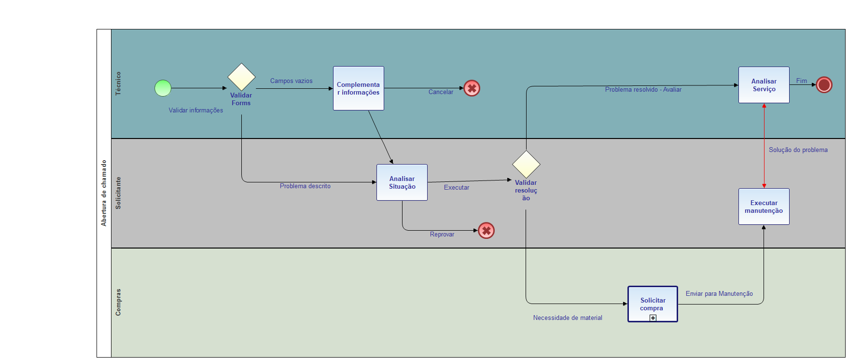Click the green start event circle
pos(163,88)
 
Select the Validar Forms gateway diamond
pos(241,77)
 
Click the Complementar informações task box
pos(358,88)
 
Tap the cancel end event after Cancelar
pos(472,88)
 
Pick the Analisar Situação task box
pos(402,182)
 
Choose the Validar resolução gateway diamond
pos(526,164)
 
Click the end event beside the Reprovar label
pos(486,231)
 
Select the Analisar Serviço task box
pos(764,85)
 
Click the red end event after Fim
pos(824,85)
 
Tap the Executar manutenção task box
pos(764,207)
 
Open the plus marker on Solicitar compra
pos(653,318)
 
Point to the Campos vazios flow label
pos(291,81)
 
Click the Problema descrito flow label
pos(305,186)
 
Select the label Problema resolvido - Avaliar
pos(643,90)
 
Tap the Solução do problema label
pos(798,150)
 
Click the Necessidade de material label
pos(568,318)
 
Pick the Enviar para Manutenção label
pos(719,294)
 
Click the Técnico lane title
pos(118,83)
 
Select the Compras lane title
pos(118,303)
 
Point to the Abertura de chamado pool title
pos(104,193)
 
